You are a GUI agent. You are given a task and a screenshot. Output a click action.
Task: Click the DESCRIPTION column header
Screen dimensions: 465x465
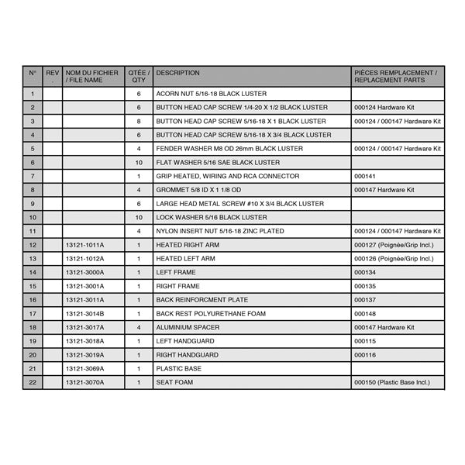click(177, 73)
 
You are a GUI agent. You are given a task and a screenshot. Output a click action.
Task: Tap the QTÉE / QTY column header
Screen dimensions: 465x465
click(139, 76)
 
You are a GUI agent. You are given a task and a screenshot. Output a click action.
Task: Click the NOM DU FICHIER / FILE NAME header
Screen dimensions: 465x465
click(91, 76)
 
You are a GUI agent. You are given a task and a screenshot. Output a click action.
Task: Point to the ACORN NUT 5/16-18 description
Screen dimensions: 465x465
click(200, 94)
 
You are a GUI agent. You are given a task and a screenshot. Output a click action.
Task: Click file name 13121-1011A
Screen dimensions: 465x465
click(84, 245)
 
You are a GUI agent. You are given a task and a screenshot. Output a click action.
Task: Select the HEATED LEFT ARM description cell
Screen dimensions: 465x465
click(185, 259)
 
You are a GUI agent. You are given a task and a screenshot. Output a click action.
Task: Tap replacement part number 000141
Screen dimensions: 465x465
click(364, 176)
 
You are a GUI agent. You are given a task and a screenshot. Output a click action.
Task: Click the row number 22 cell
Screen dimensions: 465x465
click(33, 382)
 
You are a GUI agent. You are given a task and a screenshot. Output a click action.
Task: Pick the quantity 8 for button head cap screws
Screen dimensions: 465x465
click(139, 122)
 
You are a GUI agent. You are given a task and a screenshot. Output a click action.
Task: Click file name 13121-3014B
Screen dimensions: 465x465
click(84, 314)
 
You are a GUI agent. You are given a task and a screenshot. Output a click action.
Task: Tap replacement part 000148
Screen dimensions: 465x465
click(364, 314)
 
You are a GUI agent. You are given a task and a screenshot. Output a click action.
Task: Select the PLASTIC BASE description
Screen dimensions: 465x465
click(179, 369)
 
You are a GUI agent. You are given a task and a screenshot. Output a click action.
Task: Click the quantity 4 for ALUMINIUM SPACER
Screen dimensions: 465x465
click(139, 327)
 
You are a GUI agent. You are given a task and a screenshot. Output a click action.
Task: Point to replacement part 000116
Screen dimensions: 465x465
click(364, 355)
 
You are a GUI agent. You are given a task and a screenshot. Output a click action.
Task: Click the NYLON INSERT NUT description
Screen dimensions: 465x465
click(219, 231)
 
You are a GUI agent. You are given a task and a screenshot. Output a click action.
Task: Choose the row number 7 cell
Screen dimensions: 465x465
click(33, 176)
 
